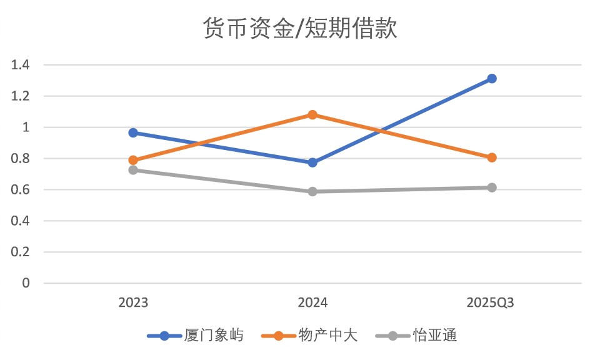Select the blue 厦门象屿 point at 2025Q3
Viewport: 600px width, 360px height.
tap(492, 79)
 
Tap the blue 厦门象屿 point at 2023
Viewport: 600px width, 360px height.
tap(133, 132)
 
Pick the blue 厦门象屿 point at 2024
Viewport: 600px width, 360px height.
tap(312, 162)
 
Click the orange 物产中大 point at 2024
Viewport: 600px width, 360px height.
tap(312, 115)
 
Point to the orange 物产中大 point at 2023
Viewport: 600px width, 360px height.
tap(133, 160)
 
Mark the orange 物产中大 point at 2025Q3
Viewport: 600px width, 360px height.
tap(492, 157)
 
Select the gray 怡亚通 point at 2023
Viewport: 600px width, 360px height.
tap(133, 170)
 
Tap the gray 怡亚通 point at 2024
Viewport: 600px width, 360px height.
tap(312, 191)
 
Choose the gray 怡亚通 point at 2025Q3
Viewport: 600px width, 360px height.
tap(492, 187)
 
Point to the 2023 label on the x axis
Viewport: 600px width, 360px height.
tap(133, 303)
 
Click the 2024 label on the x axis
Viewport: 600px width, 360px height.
tap(312, 303)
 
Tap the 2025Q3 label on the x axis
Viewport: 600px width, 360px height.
tap(491, 303)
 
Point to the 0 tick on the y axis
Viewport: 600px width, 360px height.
tap(26, 284)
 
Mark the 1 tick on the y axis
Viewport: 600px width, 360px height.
tap(26, 127)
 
